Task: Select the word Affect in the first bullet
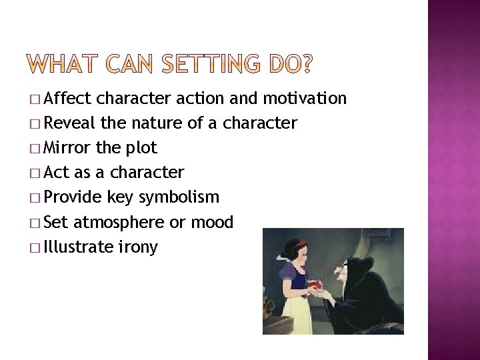point(69,99)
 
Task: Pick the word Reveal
point(71,124)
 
